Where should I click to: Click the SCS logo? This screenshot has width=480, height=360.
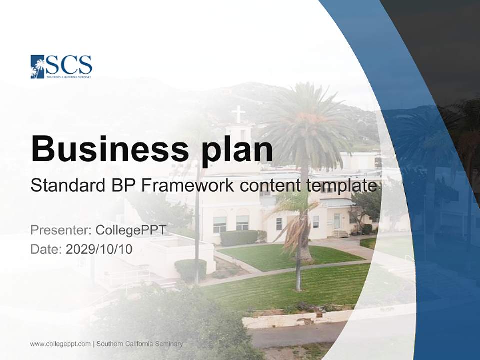(61, 66)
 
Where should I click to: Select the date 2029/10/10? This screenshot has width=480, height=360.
(99, 249)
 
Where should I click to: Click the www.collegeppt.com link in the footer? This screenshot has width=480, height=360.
(60, 344)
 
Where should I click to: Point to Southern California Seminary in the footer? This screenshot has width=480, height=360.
(140, 344)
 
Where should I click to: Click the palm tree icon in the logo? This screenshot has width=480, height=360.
(38, 67)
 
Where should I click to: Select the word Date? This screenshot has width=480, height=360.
(46, 249)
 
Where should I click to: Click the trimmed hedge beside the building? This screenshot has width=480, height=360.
(239, 238)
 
